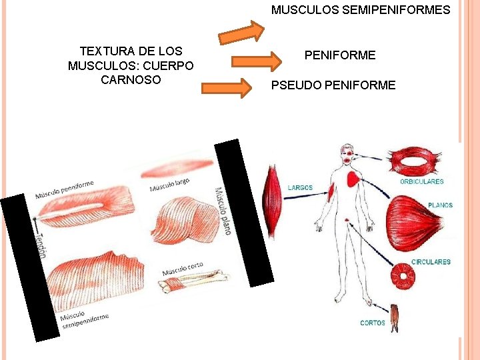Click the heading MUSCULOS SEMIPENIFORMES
tap(361, 10)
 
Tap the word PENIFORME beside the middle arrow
tap(340, 55)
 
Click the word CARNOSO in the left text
tap(131, 79)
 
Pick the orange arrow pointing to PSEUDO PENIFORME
tap(227, 89)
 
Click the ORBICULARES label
tap(421, 182)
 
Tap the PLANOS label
tap(441, 205)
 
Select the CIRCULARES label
tap(431, 262)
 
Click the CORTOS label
tap(373, 323)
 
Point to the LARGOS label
tap(300, 188)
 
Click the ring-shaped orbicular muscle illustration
tap(417, 160)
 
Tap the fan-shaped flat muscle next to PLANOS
tap(412, 223)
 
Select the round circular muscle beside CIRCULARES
tap(404, 277)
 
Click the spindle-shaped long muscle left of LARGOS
tap(272, 201)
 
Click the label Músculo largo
tap(169, 184)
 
